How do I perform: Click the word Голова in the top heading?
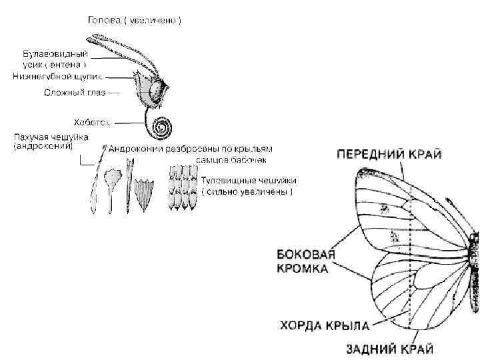(x=103, y=21)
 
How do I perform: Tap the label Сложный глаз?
(x=73, y=92)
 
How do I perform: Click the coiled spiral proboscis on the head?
(x=161, y=125)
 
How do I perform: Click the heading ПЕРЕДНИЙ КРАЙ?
(x=389, y=154)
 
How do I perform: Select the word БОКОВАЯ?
(x=305, y=254)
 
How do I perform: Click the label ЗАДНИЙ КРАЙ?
(x=389, y=348)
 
